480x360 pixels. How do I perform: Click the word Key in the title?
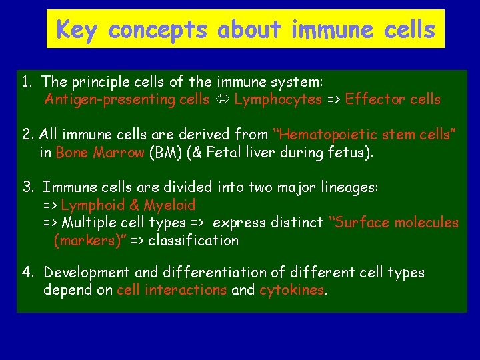[79, 29]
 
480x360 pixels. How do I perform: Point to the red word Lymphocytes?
[278, 99]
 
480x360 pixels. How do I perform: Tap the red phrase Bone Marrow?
[100, 153]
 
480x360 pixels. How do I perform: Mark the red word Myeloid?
[170, 205]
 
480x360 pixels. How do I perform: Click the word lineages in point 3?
[345, 187]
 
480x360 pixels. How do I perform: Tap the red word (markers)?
[88, 240]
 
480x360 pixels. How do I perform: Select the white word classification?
[193, 240]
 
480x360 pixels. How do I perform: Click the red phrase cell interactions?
[171, 290]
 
